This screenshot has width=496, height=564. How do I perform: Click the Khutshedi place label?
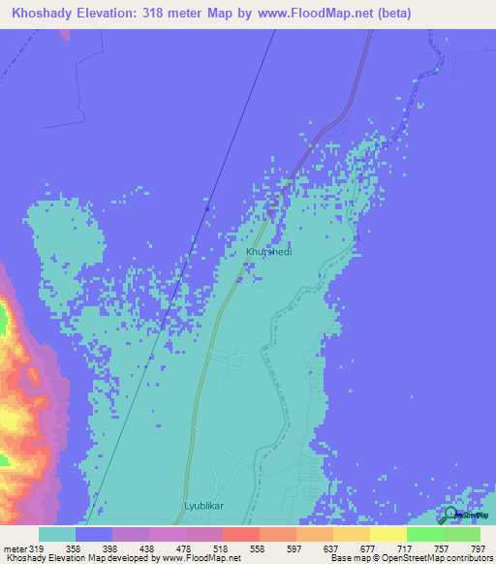coord(268,251)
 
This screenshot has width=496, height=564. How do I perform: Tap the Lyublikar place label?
coord(204,506)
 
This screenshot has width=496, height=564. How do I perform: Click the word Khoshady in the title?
coord(46,14)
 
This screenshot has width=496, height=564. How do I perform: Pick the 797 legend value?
coord(479,548)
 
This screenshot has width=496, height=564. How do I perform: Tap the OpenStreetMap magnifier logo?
coord(450,515)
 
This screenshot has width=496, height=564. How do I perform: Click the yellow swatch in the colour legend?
coord(387,534)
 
